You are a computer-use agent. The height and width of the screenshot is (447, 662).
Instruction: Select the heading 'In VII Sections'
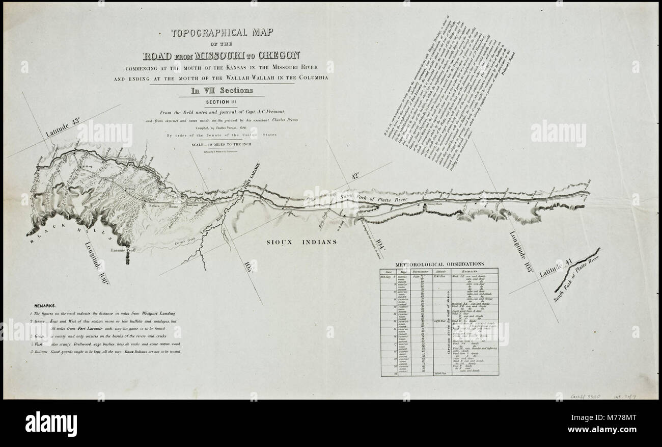pyautogui.click(x=222, y=91)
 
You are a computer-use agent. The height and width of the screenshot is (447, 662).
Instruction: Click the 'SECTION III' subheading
pyautogui.click(x=222, y=102)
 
